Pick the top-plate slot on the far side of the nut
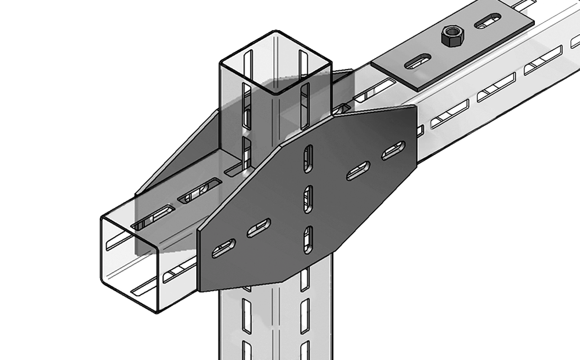click(x=488, y=23)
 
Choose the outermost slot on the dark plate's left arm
click(x=222, y=250)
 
